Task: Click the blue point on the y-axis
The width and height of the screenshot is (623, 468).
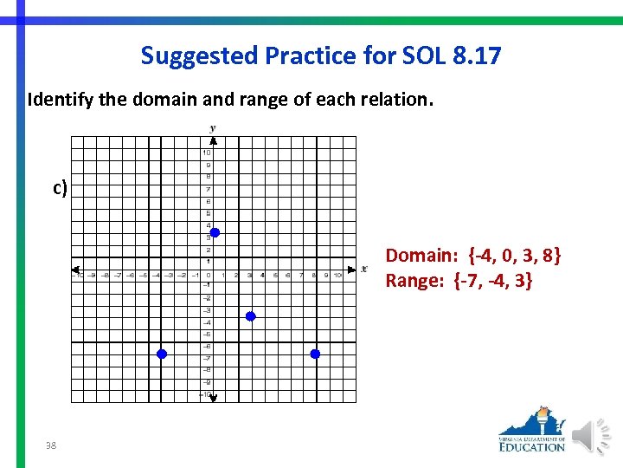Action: point(215,232)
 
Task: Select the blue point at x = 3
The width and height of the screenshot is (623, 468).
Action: point(251,316)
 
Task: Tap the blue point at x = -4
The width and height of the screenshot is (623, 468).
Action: point(161,354)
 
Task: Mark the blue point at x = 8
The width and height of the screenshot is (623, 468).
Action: point(315,354)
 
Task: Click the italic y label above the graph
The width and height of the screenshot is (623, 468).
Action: point(212,128)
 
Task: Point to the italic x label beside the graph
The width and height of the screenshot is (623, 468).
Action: point(364,268)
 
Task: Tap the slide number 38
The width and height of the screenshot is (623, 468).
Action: point(51,445)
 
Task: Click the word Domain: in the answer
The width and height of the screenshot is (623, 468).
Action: point(421,256)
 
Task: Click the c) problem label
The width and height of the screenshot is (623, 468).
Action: point(60,187)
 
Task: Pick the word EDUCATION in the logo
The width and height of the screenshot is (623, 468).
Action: point(532,446)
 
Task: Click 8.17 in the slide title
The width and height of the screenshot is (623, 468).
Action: point(476,56)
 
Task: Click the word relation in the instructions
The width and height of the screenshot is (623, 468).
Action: point(398,99)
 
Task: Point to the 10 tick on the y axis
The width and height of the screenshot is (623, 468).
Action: point(207,153)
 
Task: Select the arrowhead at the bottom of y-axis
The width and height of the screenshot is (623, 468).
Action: point(212,397)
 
